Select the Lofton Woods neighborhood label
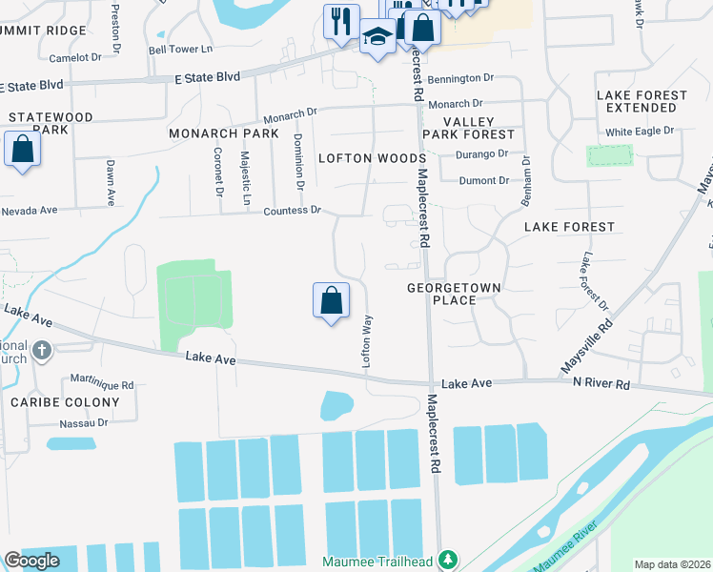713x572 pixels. [x=371, y=158]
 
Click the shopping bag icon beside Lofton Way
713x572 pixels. [x=330, y=300]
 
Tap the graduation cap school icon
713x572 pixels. [x=377, y=38]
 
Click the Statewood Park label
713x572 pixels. [x=51, y=123]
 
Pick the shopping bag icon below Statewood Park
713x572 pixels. [x=22, y=150]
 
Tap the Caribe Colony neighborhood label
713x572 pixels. [x=66, y=402]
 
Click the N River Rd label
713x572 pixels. [x=601, y=383]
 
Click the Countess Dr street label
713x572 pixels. [x=293, y=210]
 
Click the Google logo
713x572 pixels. [x=31, y=561]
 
